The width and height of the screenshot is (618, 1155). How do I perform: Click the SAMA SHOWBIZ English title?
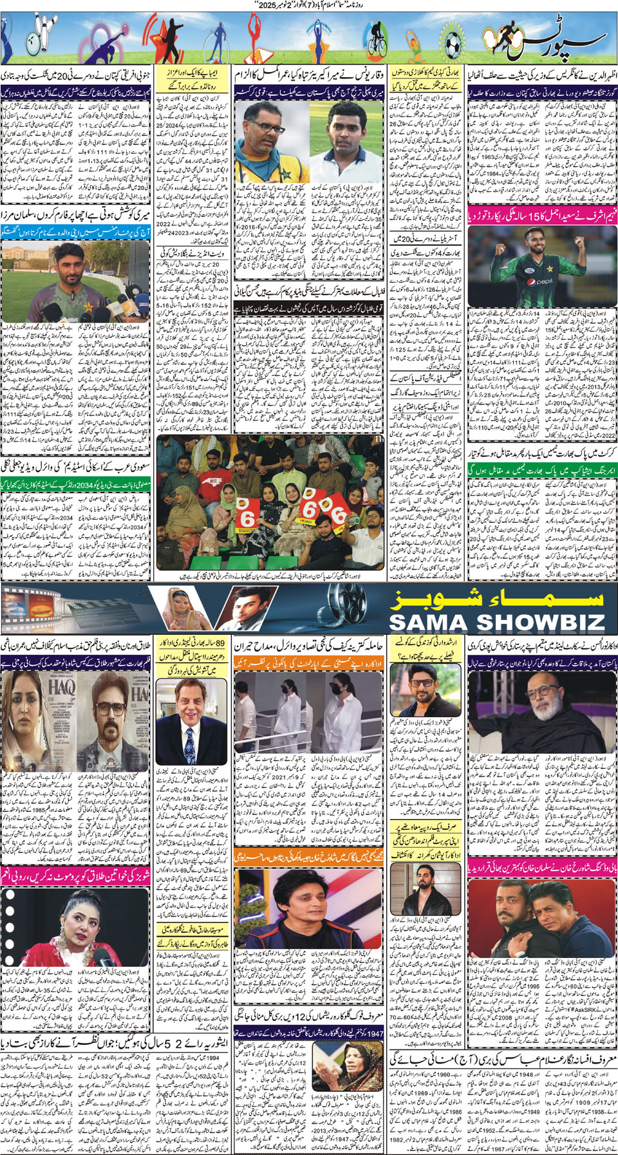pos(497,621)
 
